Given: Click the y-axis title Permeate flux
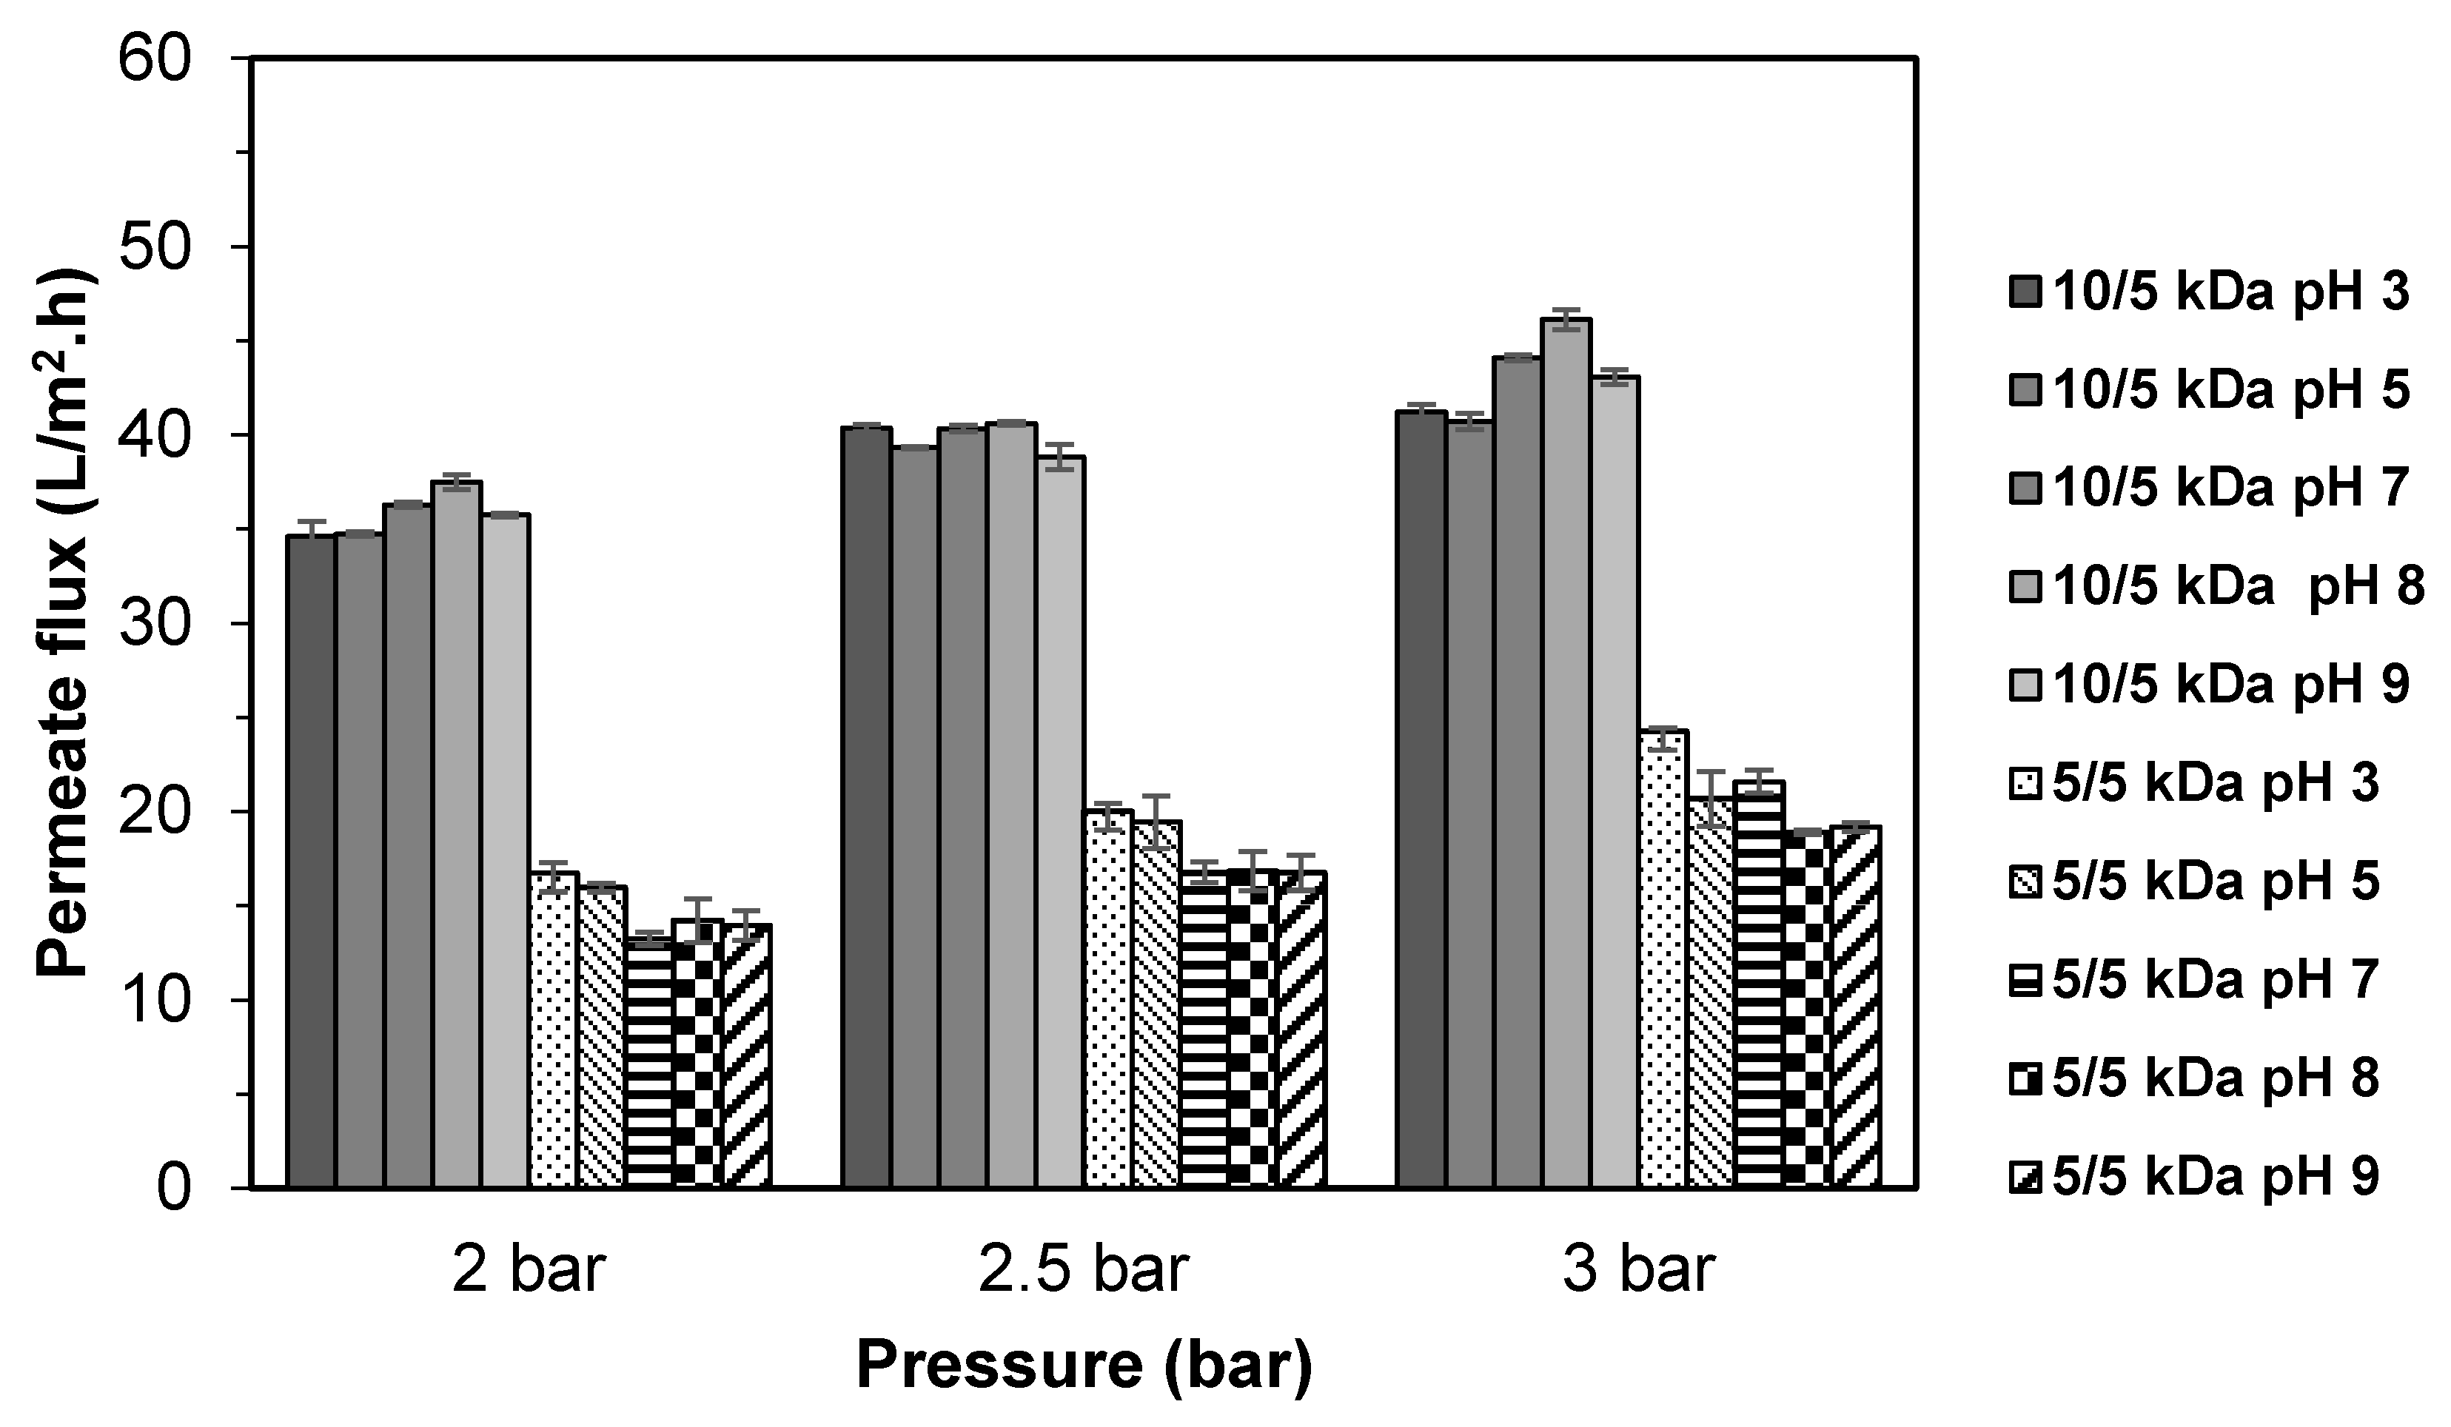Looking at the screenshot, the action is pyautogui.click(x=66, y=622).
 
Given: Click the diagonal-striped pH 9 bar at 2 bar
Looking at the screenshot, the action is pyautogui.click(x=747, y=1055).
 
